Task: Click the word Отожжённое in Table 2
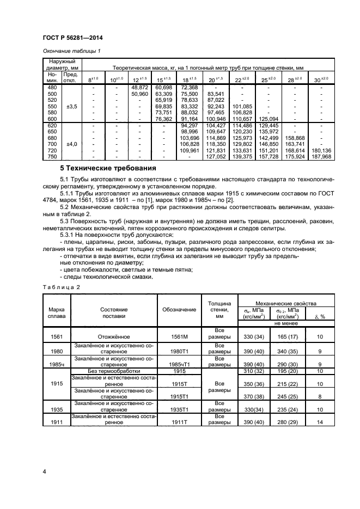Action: click(x=114, y=337)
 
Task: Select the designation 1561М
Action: click(x=179, y=337)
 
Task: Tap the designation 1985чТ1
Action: click(x=179, y=364)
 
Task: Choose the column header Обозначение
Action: click(x=179, y=309)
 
